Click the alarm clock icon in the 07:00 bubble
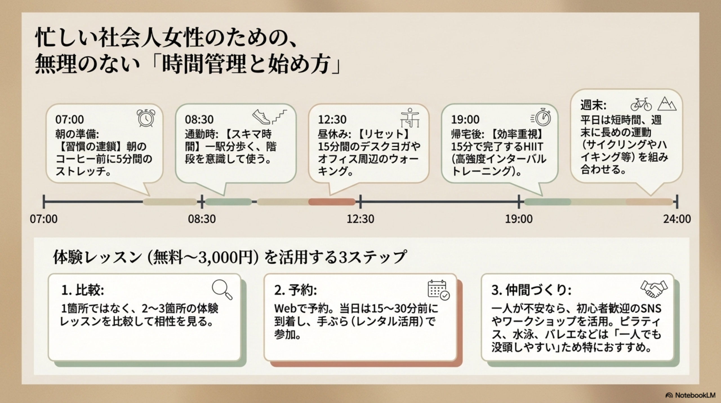pyautogui.click(x=146, y=118)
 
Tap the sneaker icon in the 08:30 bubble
pyautogui.click(x=261, y=117)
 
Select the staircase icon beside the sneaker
pyautogui.click(x=280, y=116)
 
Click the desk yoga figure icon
pyautogui.click(x=410, y=118)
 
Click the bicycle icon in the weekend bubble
pyautogui.click(x=641, y=104)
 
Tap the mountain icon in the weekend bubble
pyautogui.click(x=667, y=104)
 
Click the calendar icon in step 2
pyautogui.click(x=439, y=290)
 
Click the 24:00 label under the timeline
pyautogui.click(x=677, y=219)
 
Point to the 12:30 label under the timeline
pyautogui.click(x=360, y=219)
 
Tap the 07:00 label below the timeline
pyautogui.click(x=44, y=219)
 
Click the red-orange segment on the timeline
pyautogui.click(x=332, y=202)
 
